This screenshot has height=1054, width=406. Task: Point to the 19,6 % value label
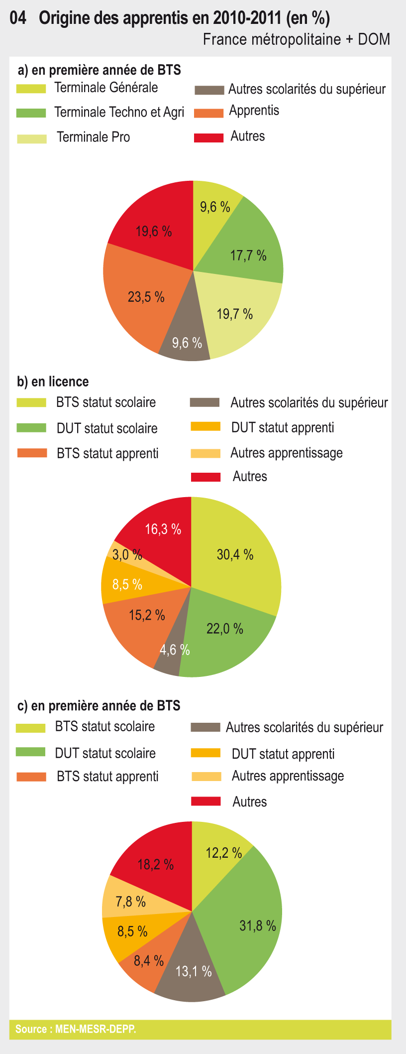click(x=154, y=232)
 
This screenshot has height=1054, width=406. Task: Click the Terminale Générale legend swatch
click(x=31, y=89)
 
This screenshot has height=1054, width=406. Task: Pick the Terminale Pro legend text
click(x=94, y=137)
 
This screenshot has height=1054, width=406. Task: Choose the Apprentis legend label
click(x=254, y=111)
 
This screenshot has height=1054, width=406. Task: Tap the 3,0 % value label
click(x=127, y=554)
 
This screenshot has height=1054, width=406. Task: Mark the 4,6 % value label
click(x=175, y=650)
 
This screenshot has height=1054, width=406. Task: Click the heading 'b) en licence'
click(x=53, y=382)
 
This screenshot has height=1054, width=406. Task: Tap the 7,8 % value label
click(x=130, y=902)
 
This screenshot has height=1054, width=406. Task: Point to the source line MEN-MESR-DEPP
click(x=76, y=1029)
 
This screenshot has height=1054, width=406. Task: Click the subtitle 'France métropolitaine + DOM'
click(x=296, y=39)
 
